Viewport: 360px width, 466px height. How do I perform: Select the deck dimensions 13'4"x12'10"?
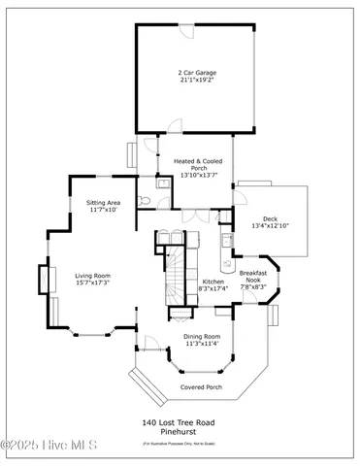click(271, 226)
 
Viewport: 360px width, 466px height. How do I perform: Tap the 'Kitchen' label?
click(213, 282)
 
